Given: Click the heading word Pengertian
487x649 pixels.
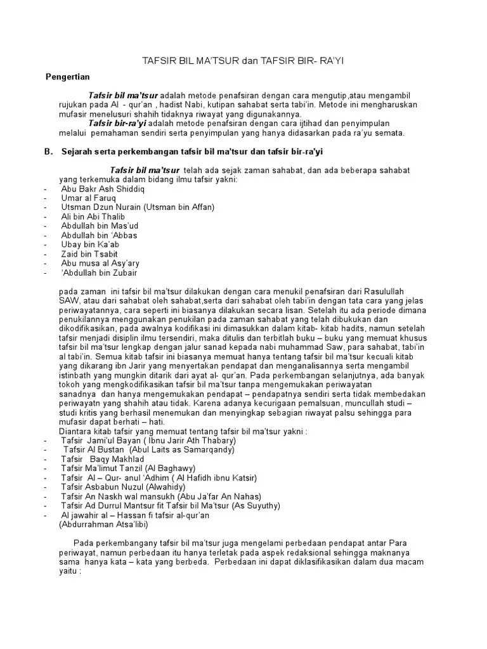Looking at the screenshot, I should point(68,77).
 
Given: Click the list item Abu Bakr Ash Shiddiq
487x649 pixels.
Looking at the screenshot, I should point(103,190).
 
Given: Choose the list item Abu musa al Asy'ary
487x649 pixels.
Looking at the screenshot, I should point(100,262).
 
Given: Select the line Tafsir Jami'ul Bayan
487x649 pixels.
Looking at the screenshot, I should point(148,440).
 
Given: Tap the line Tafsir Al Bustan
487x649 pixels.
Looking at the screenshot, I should point(149,449).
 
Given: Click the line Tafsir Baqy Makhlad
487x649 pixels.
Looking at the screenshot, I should point(103,459).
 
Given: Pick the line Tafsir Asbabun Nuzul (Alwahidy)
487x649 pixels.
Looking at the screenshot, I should point(119,487).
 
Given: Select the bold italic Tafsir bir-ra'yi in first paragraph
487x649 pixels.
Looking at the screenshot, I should point(117,123).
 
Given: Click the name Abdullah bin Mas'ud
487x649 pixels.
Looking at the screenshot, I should point(100,226).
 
